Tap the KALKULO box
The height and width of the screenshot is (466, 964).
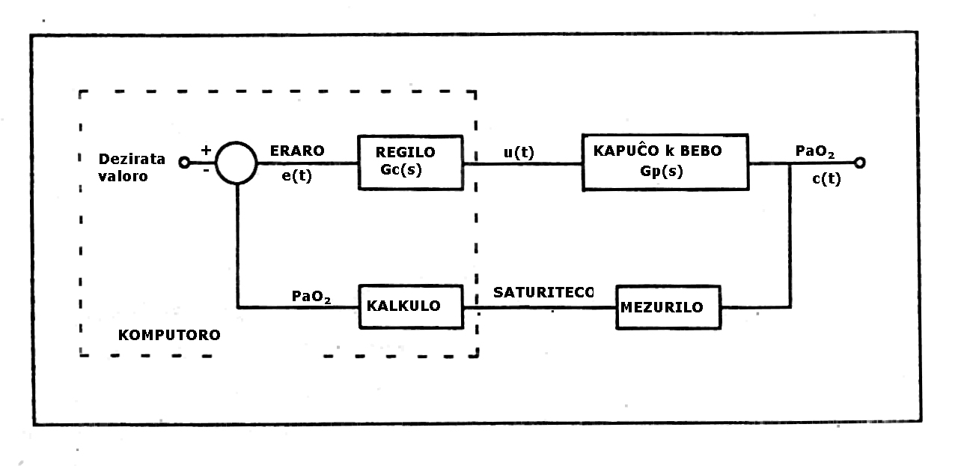[x=411, y=306]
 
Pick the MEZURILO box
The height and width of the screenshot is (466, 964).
[x=669, y=306]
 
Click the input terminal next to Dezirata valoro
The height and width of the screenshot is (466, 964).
[x=184, y=163]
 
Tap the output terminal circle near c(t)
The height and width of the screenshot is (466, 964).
[x=859, y=163]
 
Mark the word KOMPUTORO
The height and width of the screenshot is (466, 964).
[x=169, y=335]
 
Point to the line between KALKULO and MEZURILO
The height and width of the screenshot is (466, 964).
[x=539, y=306]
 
